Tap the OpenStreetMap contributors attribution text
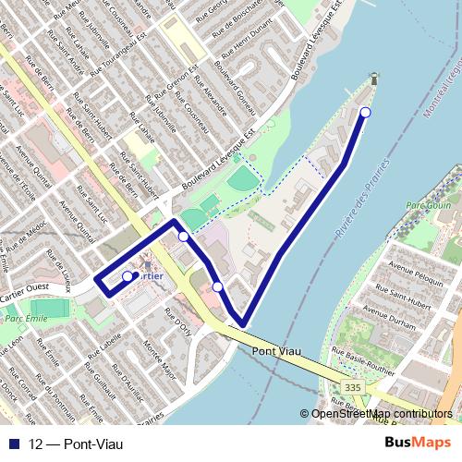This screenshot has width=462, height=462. [381, 414]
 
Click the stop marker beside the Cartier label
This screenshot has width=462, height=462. [128, 275]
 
